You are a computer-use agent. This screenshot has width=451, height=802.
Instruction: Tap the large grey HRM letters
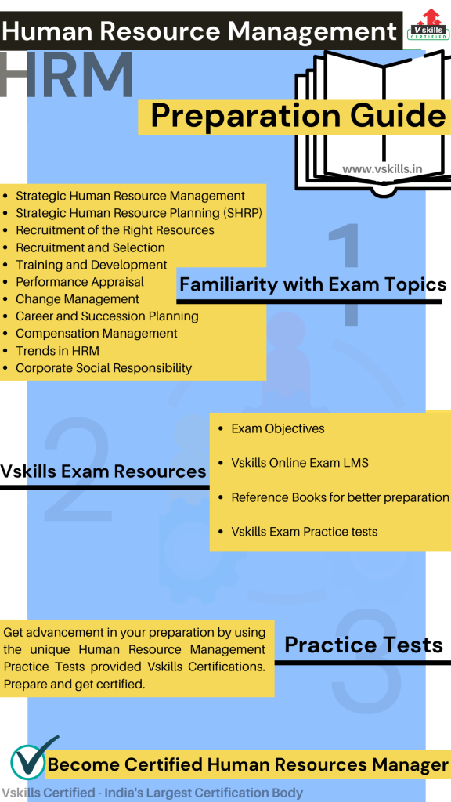(x=67, y=76)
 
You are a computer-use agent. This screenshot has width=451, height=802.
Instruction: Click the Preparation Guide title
(x=298, y=116)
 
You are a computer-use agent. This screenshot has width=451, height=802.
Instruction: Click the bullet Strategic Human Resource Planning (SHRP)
(x=139, y=213)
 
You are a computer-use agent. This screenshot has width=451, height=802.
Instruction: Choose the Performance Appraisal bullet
(x=80, y=282)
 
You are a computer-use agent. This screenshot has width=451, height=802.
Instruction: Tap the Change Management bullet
(x=78, y=299)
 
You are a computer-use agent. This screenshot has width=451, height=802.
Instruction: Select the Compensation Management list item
(x=96, y=334)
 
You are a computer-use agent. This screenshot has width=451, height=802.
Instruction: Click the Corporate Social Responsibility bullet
(x=103, y=368)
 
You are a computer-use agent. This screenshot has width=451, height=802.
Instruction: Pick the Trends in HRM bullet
(x=57, y=351)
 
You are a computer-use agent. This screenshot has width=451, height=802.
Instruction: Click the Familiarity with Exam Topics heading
(x=312, y=284)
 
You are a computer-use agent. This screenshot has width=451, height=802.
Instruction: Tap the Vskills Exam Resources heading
(x=103, y=471)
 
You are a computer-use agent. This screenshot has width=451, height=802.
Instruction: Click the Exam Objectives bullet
(x=277, y=428)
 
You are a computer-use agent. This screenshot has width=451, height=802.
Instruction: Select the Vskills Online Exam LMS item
(x=299, y=463)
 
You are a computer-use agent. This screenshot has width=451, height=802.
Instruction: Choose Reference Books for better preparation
(x=340, y=497)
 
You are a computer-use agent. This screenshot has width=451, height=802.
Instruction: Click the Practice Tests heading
(x=363, y=645)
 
